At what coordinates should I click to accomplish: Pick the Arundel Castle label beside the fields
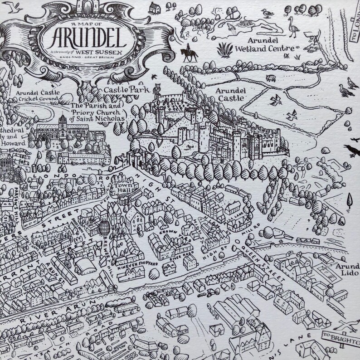pos(231,92)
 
